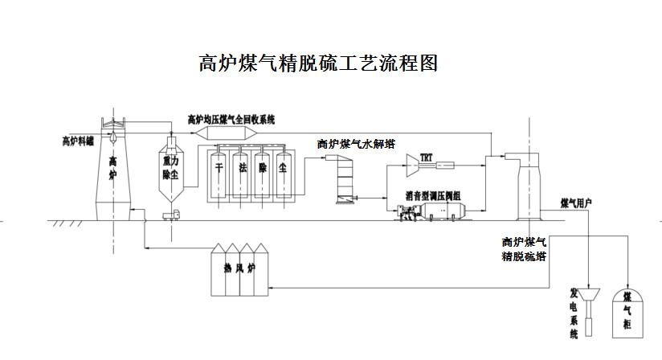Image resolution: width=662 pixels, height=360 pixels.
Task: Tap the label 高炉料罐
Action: click(x=79, y=141)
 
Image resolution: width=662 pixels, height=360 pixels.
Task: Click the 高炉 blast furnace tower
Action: click(x=113, y=173)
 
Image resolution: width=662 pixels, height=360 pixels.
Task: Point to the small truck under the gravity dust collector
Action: click(x=170, y=215)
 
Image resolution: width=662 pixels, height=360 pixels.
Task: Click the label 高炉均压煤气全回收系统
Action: click(x=231, y=119)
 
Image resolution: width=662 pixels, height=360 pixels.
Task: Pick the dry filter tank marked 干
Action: click(x=219, y=172)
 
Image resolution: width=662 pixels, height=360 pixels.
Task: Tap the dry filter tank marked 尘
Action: click(x=284, y=172)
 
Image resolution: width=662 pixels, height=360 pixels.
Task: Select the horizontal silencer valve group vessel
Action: click(x=443, y=211)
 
